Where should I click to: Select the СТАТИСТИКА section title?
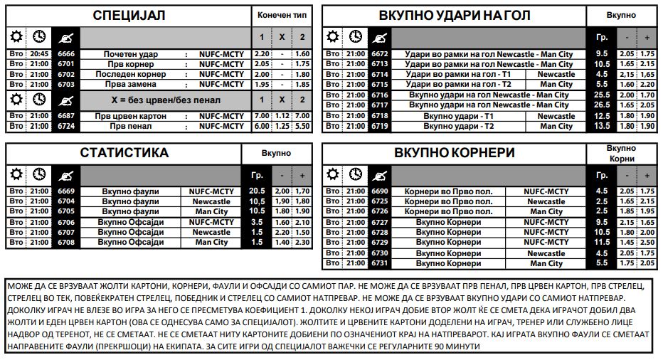pyautogui.click(x=124, y=153)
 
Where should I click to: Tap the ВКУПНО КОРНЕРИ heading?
pyautogui.click(x=455, y=153)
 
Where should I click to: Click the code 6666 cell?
pyautogui.click(x=66, y=54)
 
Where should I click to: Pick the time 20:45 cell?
pyautogui.click(x=40, y=54)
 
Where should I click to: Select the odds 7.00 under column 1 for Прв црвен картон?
pyautogui.click(x=262, y=116)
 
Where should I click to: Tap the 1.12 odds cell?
pyautogui.click(x=282, y=116)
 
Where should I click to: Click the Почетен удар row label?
pyautogui.click(x=131, y=54)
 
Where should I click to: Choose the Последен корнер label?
pyautogui.click(x=131, y=74)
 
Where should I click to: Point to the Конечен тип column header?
pyautogui.click(x=282, y=15)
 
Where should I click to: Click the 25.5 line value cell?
pyautogui.click(x=602, y=95)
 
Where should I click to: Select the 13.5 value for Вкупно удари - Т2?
pyautogui.click(x=602, y=126)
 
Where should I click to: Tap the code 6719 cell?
pyautogui.click(x=380, y=126)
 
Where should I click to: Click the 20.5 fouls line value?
pyautogui.click(x=257, y=191)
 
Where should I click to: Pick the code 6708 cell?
pyautogui.click(x=66, y=243)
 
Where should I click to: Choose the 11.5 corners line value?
pyautogui.click(x=602, y=243)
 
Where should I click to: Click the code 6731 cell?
pyautogui.click(x=380, y=263)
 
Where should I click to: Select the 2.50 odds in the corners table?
pyautogui.click(x=647, y=243)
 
